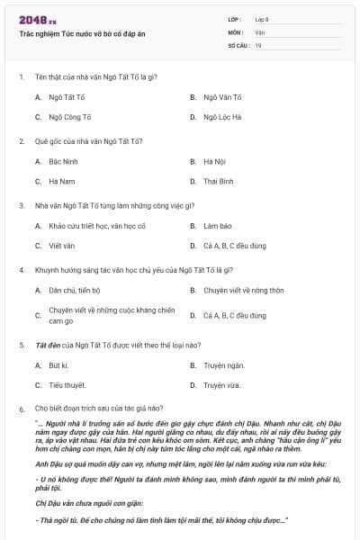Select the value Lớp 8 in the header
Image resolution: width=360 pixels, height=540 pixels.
[x=261, y=19]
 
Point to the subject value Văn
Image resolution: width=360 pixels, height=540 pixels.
[x=259, y=31]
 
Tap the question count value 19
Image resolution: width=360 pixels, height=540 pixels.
[x=258, y=45]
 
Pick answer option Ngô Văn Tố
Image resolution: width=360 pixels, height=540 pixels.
[x=223, y=96]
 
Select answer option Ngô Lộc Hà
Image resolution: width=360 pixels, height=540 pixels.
[x=222, y=117]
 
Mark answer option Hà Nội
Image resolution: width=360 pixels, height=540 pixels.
[x=214, y=161]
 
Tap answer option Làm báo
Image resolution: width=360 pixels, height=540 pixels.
[x=218, y=226]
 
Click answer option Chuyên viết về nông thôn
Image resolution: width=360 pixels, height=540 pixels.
[x=243, y=291]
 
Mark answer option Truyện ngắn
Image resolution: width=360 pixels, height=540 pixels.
[x=223, y=365]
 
